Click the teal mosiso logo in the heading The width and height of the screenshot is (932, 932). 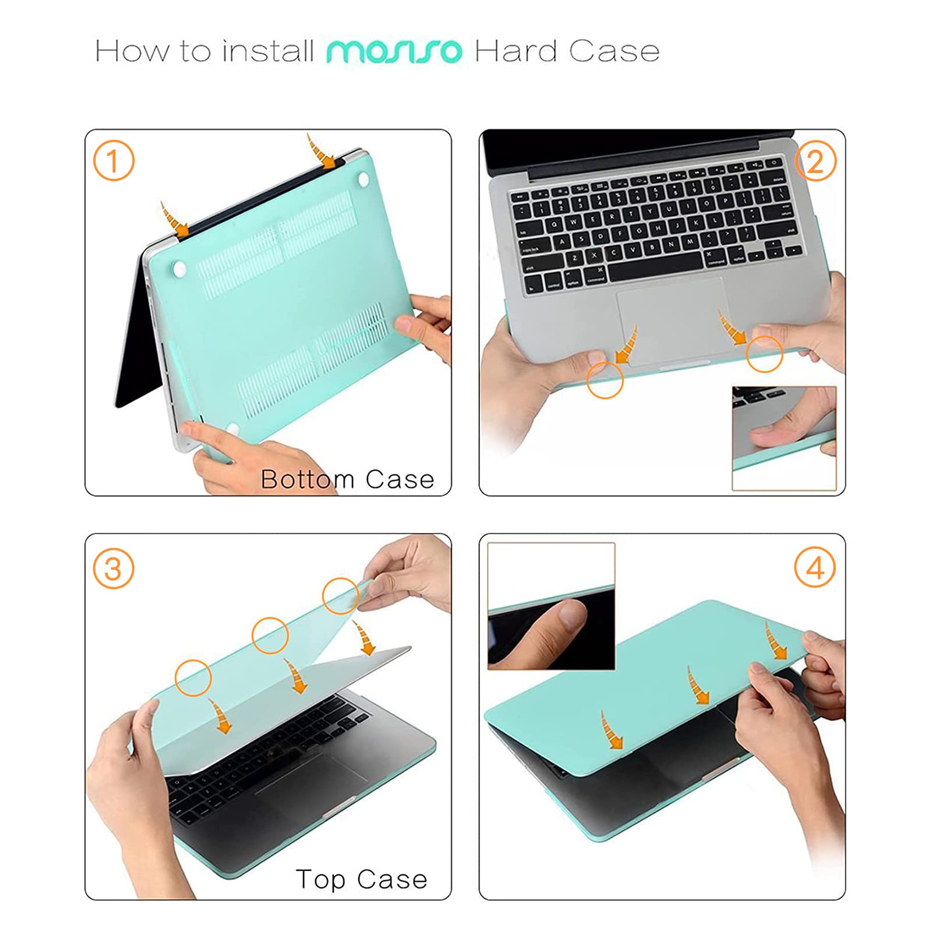pos(394,51)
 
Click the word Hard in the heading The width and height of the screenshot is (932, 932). pos(516,51)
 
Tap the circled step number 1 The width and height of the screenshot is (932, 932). pos(114,161)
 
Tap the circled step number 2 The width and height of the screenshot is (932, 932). pos(815,161)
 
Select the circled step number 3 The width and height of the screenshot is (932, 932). pos(114,569)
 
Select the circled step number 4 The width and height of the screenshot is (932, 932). pos(815,567)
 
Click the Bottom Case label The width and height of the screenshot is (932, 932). pos(347,479)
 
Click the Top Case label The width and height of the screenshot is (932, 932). pos(361,879)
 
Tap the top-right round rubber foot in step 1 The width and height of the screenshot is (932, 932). pos(365,179)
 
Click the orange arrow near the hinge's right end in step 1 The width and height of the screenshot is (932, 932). pos(321,153)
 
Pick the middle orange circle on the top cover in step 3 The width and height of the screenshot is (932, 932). pos(270,635)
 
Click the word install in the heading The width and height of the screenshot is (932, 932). pos(268,51)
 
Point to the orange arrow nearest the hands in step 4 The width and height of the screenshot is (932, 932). pos(775,641)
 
